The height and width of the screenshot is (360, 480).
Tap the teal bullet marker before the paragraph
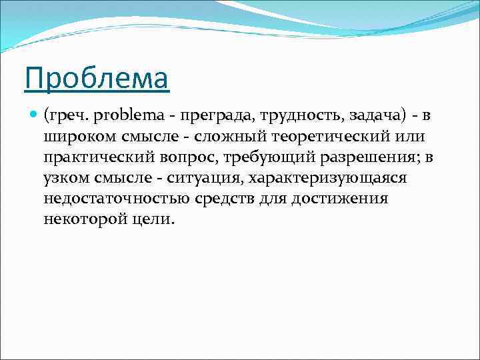(x=33, y=116)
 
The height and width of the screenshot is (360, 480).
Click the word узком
(x=63, y=179)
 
